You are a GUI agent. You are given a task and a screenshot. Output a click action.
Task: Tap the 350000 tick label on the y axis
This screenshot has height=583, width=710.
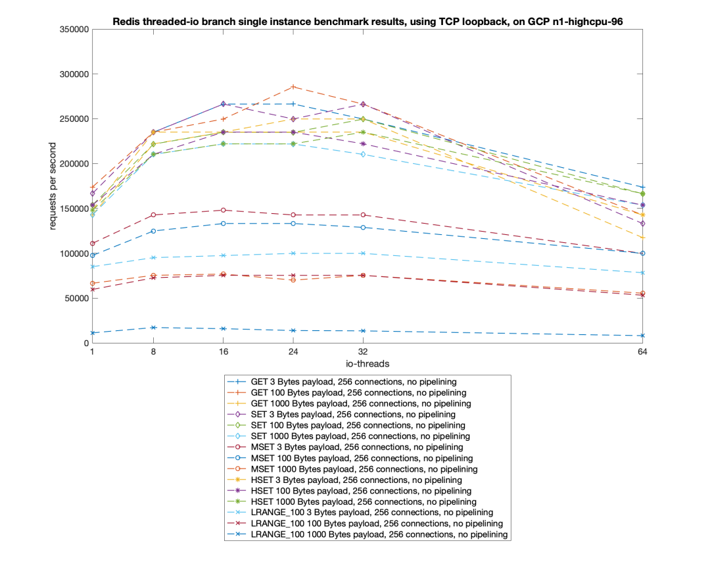(x=75, y=30)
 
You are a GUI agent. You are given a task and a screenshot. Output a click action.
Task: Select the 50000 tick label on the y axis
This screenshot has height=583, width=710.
(x=78, y=298)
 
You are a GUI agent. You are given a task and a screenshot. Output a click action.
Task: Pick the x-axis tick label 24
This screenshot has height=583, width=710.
(x=293, y=352)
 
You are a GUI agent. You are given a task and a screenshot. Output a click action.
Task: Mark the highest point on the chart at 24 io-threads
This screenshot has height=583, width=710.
(x=293, y=87)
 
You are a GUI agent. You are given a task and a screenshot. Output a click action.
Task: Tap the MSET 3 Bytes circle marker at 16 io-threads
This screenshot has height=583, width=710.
(x=224, y=210)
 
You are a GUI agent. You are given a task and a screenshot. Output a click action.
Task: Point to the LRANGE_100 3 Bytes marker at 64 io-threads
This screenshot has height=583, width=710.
(x=642, y=272)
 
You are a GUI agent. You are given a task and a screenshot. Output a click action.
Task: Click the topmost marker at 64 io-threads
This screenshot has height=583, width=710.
(x=642, y=188)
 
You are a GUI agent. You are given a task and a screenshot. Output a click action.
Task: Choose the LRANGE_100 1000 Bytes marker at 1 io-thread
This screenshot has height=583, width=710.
(x=93, y=333)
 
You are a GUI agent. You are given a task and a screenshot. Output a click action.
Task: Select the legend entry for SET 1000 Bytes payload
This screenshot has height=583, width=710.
(x=360, y=436)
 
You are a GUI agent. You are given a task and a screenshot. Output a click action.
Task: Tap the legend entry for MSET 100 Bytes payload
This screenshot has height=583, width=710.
(x=362, y=458)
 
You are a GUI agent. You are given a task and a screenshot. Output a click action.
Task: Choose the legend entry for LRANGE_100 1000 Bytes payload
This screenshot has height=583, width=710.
(x=379, y=535)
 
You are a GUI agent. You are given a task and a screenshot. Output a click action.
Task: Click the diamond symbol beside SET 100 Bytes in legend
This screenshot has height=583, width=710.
(x=238, y=425)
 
